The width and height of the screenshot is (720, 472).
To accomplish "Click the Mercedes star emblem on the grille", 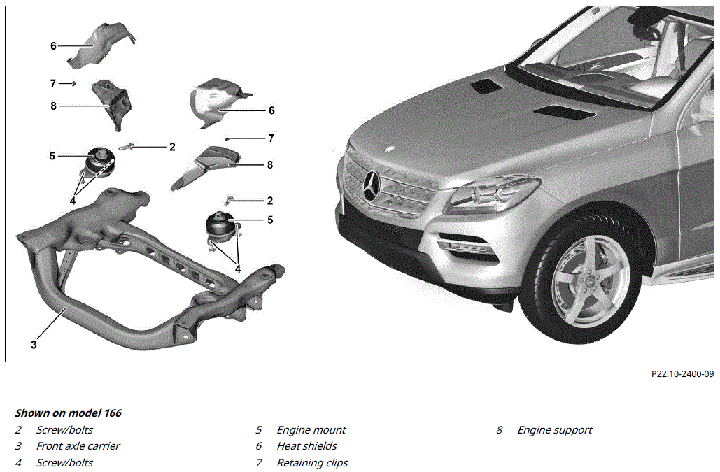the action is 373,185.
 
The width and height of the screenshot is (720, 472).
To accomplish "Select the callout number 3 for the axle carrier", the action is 34,345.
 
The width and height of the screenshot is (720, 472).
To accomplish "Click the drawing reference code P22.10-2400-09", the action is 682,374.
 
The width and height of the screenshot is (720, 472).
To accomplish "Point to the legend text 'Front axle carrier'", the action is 78,446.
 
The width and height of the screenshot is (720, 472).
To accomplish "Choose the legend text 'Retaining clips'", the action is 312,463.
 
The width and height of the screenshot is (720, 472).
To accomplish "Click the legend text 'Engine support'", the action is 555,430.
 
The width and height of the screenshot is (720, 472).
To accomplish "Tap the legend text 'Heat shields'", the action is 306,446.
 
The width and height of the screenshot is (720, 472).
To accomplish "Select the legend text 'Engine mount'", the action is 311,430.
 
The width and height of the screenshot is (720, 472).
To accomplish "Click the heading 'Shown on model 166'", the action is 69,413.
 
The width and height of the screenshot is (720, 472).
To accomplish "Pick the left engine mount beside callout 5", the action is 97,164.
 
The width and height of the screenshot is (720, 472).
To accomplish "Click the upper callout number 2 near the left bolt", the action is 172,147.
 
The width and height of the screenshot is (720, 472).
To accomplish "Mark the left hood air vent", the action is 483,86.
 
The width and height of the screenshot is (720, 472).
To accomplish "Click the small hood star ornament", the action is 390,149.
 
